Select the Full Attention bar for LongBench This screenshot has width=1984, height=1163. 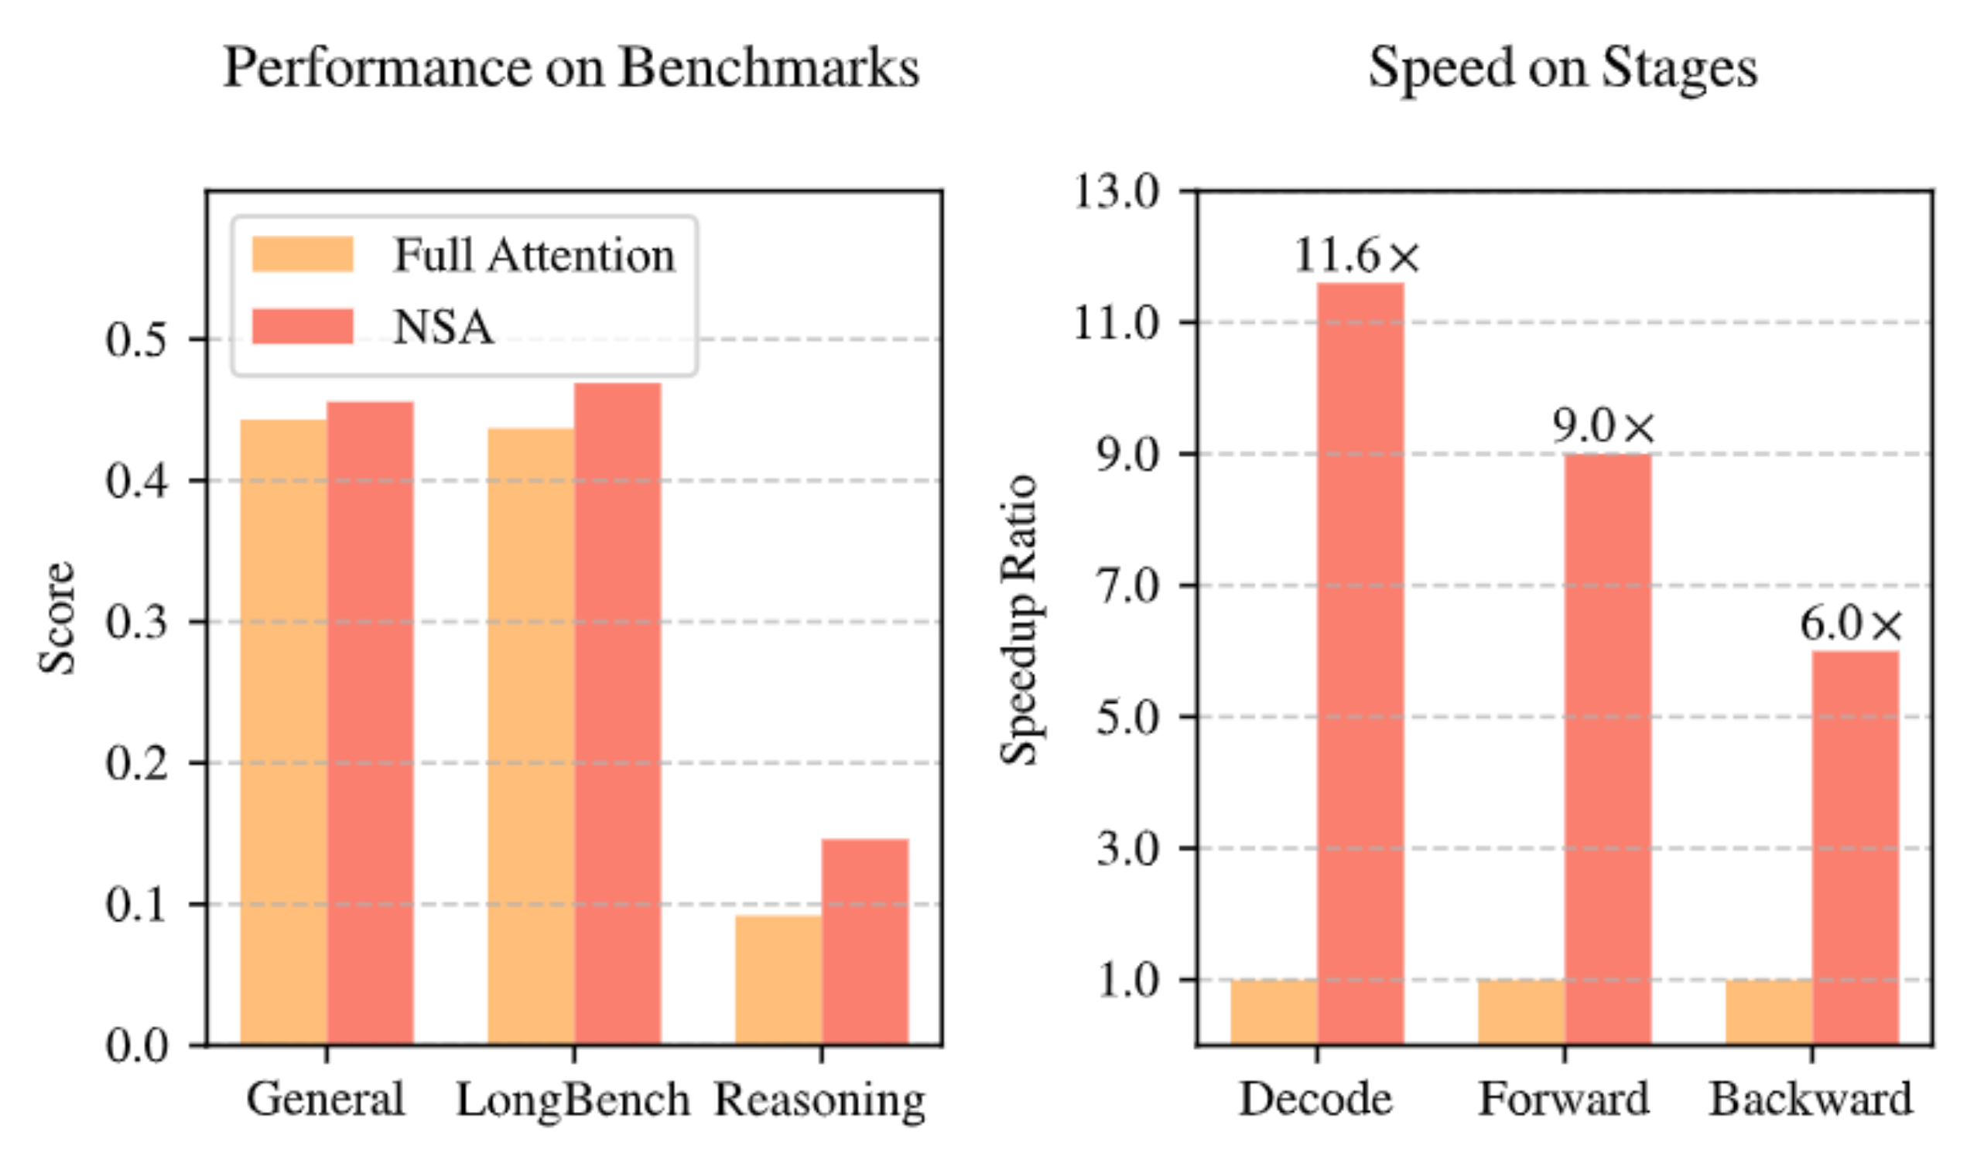point(531,735)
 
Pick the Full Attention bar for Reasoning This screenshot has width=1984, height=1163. point(778,980)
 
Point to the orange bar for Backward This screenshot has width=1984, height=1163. point(1768,1012)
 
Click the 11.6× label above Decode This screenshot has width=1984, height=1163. point(1356,256)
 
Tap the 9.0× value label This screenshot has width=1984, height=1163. point(1604,427)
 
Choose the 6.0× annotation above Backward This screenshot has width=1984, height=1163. point(1851,625)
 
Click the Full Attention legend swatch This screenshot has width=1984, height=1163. point(303,254)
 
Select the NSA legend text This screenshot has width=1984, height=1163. point(444,326)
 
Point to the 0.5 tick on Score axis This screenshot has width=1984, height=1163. point(137,340)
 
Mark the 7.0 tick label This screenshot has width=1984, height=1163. point(1128,585)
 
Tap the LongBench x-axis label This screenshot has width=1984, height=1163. point(573,1099)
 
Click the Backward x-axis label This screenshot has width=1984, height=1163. point(1810,1099)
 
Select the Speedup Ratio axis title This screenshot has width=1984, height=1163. point(1020,619)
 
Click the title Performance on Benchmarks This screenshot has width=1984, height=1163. point(572,68)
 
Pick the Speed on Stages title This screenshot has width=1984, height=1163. point(1563,68)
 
